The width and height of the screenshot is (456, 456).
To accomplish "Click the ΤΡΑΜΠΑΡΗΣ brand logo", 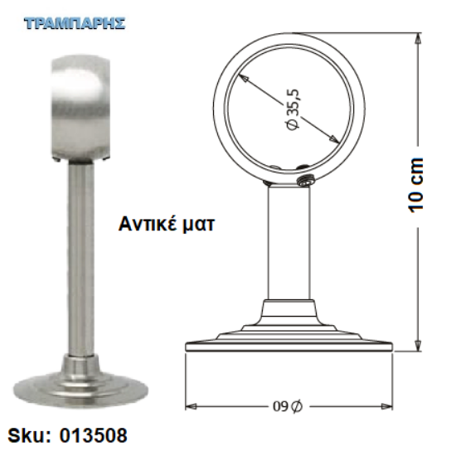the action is pyautogui.click(x=75, y=23).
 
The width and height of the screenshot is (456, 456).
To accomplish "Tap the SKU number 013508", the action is pyautogui.click(x=94, y=435).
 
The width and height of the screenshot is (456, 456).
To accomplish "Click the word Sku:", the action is pyautogui.click(x=29, y=435).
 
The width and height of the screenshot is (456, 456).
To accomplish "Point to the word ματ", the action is pyautogui.click(x=198, y=226).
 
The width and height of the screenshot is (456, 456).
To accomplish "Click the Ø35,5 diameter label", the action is pyautogui.click(x=293, y=109).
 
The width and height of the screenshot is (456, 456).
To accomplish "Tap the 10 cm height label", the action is pyautogui.click(x=416, y=185).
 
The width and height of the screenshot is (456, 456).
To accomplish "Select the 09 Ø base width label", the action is pyautogui.click(x=288, y=406).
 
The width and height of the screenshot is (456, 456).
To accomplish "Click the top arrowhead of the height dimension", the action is pyautogui.click(x=418, y=38).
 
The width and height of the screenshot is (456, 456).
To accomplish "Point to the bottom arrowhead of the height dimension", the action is pyautogui.click(x=418, y=345).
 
